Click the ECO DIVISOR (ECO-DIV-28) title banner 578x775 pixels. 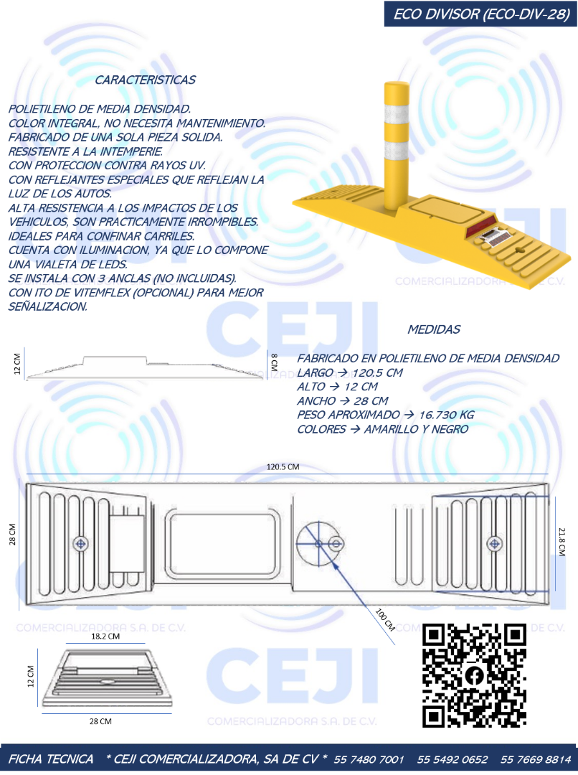[x=480, y=14]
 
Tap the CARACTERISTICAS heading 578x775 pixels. [x=145, y=80]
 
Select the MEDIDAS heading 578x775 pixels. [x=434, y=329]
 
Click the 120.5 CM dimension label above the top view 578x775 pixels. [x=283, y=466]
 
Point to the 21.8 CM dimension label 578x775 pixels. [x=562, y=542]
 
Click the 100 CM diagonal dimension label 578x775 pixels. [x=385, y=619]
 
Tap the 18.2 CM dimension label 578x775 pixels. [x=105, y=636]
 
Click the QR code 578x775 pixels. [x=474, y=675]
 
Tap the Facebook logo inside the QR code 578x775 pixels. [x=474, y=675]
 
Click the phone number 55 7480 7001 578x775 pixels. [x=369, y=759]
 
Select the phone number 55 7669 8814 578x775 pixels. [x=536, y=759]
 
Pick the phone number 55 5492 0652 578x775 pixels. [x=453, y=759]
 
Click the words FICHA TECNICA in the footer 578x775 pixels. [x=51, y=759]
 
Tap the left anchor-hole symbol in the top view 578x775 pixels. [x=80, y=544]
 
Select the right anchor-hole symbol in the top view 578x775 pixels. [x=495, y=544]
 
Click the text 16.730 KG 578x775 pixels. [x=447, y=415]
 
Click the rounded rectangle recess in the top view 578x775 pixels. [x=222, y=544]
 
